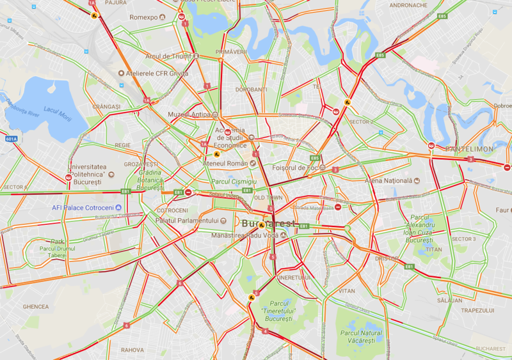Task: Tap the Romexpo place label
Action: (143, 17)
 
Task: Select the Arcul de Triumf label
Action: (168, 56)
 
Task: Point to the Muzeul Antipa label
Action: (188, 114)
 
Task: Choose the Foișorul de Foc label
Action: (295, 168)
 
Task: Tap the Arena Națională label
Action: (387, 181)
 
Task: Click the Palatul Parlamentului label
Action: (187, 221)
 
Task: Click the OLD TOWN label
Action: (268, 198)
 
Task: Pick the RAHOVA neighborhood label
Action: (132, 350)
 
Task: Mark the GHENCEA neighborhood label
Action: (35, 307)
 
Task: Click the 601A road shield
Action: (11, 138)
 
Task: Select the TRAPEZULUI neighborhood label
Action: (478, 310)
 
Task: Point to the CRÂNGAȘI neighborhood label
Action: (106, 106)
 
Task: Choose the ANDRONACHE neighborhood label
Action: (408, 5)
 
